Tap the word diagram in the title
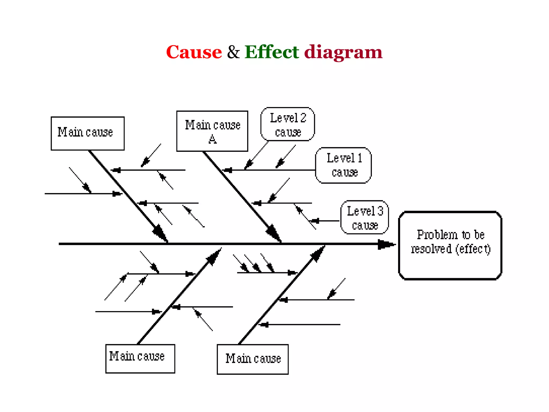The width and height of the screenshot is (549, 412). click(343, 52)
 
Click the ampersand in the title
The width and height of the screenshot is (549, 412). click(233, 52)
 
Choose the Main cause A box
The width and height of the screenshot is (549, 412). click(212, 131)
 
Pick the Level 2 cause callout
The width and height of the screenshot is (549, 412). click(288, 124)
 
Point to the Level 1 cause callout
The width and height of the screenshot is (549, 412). click(343, 165)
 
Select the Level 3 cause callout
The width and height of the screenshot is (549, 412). click(365, 217)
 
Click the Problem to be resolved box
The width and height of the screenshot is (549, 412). click(450, 245)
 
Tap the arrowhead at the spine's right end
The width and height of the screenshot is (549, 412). click(386, 244)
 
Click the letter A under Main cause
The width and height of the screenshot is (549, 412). click(213, 139)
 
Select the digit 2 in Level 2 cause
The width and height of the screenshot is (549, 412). click(303, 118)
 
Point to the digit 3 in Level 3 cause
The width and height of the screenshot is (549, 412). click(380, 211)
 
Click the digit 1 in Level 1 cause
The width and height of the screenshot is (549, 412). click(360, 158)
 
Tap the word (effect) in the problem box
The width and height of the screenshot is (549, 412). click(473, 249)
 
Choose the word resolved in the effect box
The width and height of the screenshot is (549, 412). click(431, 249)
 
